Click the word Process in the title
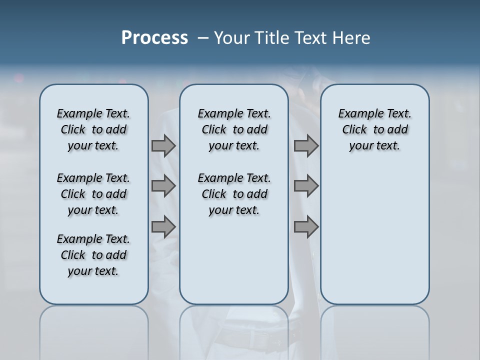click(154, 38)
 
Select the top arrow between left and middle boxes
click(163, 145)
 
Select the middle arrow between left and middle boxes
click(163, 186)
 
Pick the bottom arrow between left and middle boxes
click(163, 227)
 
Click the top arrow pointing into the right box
click(306, 145)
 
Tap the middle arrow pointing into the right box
click(306, 186)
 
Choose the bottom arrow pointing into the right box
click(306, 227)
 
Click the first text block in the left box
click(93, 129)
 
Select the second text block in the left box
click(93, 194)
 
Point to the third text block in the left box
click(93, 255)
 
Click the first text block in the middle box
click(234, 129)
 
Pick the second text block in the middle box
click(234, 194)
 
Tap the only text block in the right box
click(374, 129)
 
